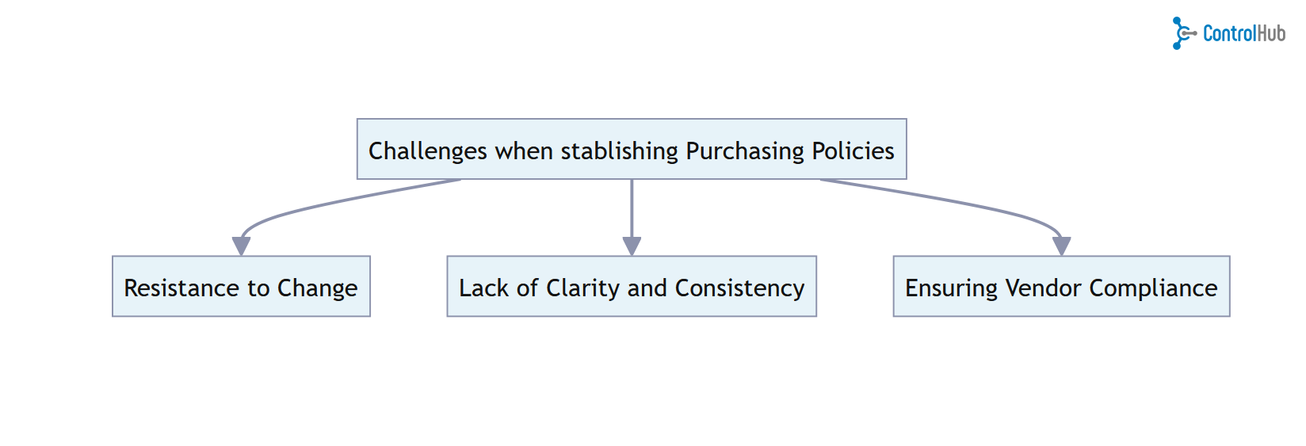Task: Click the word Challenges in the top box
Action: pyautogui.click(x=427, y=151)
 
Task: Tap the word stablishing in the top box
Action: pyautogui.click(x=619, y=151)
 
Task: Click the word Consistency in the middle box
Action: pyautogui.click(x=739, y=288)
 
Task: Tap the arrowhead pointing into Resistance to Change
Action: pyautogui.click(x=242, y=246)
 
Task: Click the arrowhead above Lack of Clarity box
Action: pyautogui.click(x=632, y=246)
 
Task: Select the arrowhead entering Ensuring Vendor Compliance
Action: pyautogui.click(x=1062, y=246)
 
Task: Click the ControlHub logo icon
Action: pyautogui.click(x=1182, y=33)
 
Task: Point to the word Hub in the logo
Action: pyautogui.click(x=1271, y=33)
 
